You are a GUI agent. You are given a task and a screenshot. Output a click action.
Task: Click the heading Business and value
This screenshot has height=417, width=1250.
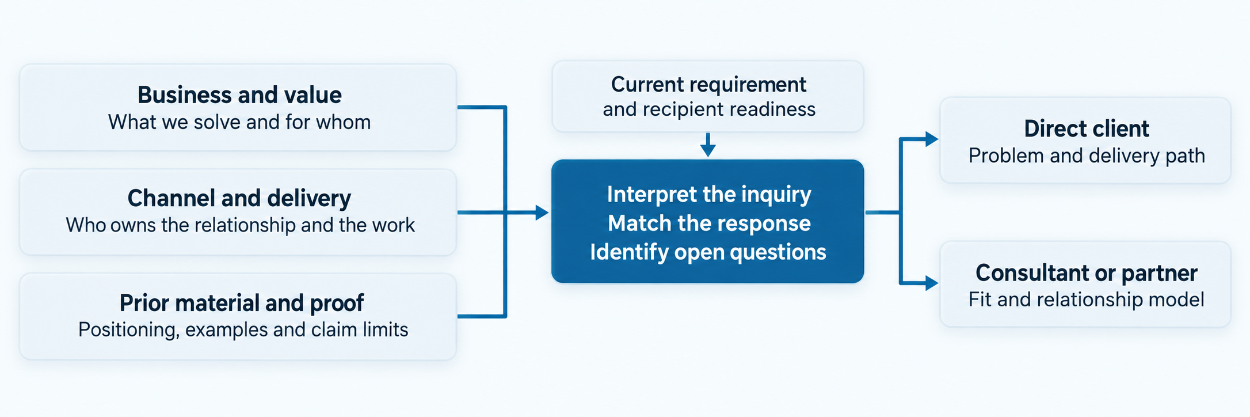tap(239, 95)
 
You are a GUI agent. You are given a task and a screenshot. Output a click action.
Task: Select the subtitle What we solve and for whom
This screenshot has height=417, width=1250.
tap(239, 122)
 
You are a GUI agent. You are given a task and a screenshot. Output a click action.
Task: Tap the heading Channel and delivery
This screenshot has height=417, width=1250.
tap(239, 198)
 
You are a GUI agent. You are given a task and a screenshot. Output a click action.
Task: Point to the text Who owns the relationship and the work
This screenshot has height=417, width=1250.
tap(240, 225)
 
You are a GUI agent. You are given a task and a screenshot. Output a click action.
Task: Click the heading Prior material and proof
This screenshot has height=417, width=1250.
tap(242, 303)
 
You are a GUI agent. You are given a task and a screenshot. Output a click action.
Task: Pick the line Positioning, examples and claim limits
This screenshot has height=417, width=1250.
tap(243, 330)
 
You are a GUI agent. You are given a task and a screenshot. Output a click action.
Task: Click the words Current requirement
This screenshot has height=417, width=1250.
tap(708, 85)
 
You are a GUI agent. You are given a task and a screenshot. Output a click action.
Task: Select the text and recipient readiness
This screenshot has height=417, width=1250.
tap(709, 109)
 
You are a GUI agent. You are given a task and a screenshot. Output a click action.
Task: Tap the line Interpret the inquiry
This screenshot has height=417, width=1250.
tap(709, 195)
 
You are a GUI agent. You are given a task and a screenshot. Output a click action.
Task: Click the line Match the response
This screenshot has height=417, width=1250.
tap(709, 223)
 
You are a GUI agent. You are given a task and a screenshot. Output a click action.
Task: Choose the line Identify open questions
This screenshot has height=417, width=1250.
tap(708, 252)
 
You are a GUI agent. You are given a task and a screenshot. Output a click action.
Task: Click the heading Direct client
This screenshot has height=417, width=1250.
tap(1087, 129)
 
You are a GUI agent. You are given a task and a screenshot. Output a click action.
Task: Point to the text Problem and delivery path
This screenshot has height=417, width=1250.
tap(1087, 156)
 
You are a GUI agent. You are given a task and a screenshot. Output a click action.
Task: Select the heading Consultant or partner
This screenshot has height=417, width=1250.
tap(1087, 273)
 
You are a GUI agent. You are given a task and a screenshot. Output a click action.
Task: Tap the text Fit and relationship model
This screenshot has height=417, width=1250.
tap(1087, 300)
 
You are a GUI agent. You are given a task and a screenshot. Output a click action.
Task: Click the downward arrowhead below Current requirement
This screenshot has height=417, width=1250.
tap(708, 150)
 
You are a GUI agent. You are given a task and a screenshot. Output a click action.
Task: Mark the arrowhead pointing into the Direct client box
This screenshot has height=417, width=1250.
tap(932, 139)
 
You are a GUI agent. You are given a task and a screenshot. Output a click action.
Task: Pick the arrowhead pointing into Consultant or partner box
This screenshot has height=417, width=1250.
tap(932, 283)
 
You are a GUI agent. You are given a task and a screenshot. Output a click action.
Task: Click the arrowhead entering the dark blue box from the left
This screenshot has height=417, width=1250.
tap(542, 213)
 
